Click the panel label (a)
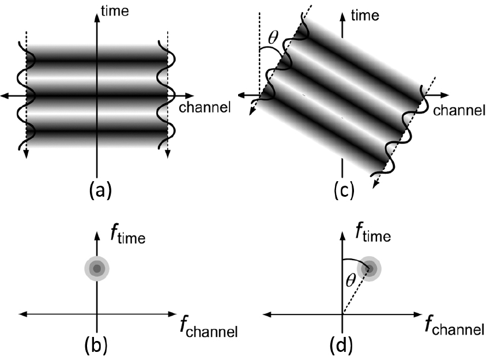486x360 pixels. tap(100, 190)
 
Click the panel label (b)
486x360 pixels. tap(96, 344)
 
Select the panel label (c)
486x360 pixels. tap(344, 190)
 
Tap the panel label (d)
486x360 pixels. tap(341, 344)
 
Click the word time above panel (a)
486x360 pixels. tap(115, 11)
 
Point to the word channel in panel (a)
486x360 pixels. tap(205, 107)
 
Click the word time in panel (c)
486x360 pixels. tap(365, 15)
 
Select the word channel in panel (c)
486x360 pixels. tap(459, 110)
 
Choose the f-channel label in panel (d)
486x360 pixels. tap(454, 325)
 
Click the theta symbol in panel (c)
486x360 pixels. tap(273, 39)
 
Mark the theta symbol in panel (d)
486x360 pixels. tap(351, 281)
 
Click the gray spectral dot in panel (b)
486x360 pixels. tap(97, 268)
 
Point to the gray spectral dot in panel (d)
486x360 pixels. tap(369, 268)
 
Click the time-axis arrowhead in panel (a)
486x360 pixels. tap(97, 18)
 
